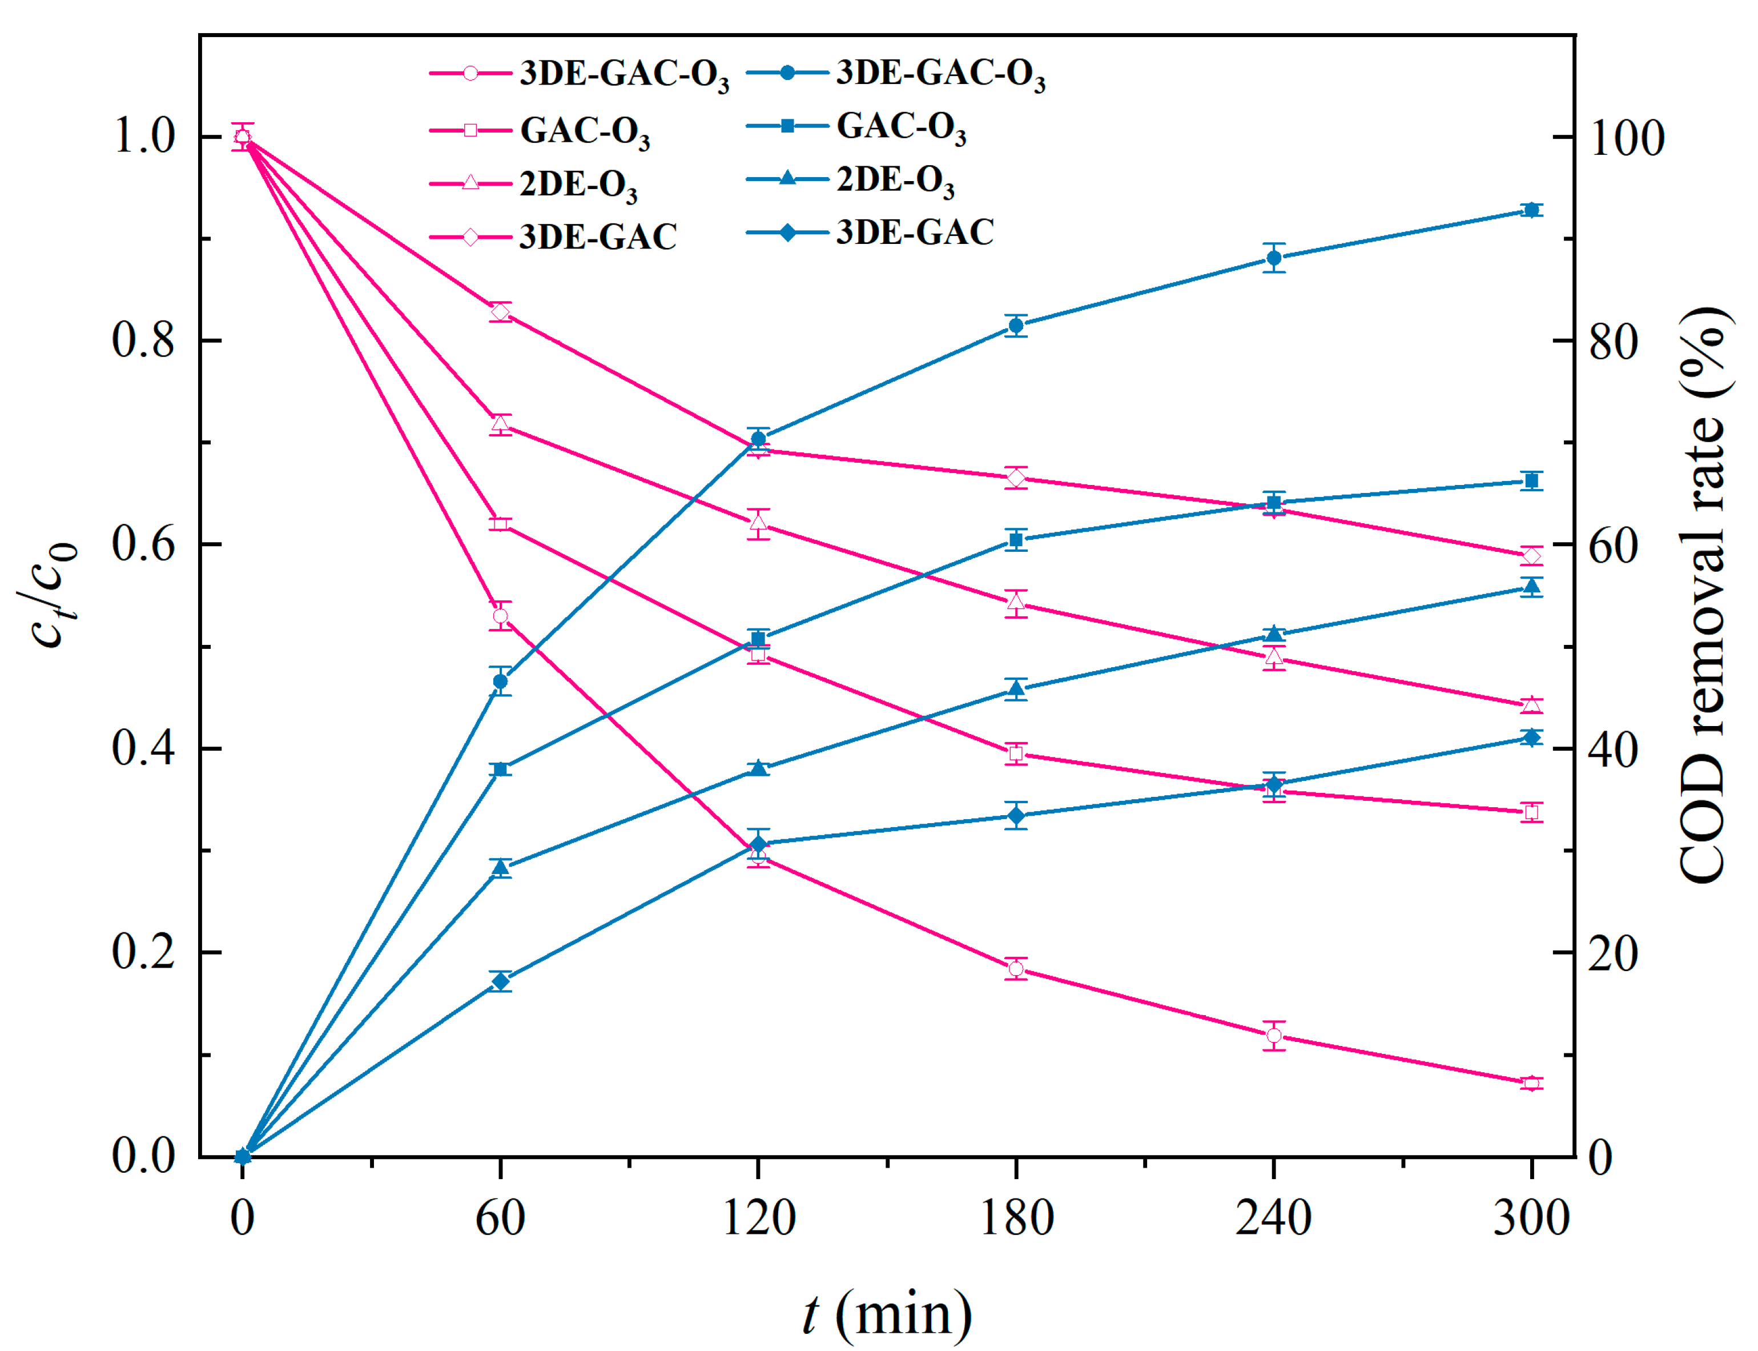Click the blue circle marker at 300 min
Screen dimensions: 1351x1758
[x=1531, y=210]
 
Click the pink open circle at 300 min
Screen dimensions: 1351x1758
[x=1531, y=1083]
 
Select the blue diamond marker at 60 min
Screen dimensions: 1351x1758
[x=500, y=981]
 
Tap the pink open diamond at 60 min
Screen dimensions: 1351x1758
[x=500, y=312]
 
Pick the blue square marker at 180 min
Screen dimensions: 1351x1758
[x=1016, y=540]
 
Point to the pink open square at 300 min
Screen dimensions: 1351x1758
[x=1531, y=812]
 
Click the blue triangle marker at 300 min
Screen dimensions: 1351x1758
[x=1531, y=586]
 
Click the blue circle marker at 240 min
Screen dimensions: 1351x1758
[x=1273, y=258]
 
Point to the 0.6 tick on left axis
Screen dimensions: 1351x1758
[x=143, y=544]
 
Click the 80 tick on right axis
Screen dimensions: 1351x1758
[x=1612, y=341]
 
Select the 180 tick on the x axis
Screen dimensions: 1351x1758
[x=1016, y=1217]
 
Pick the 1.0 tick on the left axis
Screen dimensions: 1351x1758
[x=143, y=136]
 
